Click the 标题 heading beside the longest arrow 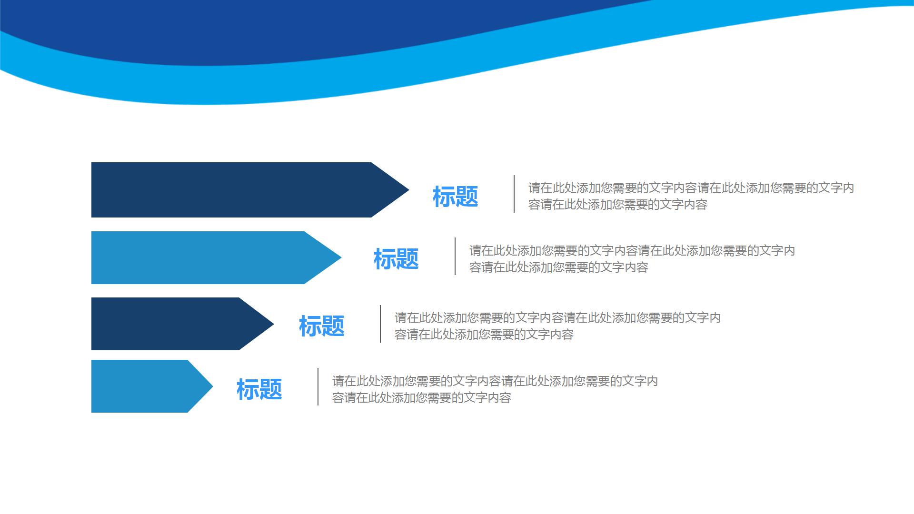point(455,197)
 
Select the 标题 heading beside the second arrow point(396,259)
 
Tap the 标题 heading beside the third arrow point(321,326)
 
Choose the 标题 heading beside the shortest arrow point(259,389)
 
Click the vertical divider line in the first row point(514,194)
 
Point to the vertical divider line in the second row point(455,256)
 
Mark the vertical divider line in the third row point(380,324)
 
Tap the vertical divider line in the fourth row point(318,386)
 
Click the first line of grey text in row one point(691,188)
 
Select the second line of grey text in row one point(617,205)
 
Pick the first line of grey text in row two point(632,250)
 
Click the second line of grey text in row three point(484,335)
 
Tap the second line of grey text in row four point(421,398)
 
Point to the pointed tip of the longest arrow point(405,190)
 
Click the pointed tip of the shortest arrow point(209,386)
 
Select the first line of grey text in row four point(495,381)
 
